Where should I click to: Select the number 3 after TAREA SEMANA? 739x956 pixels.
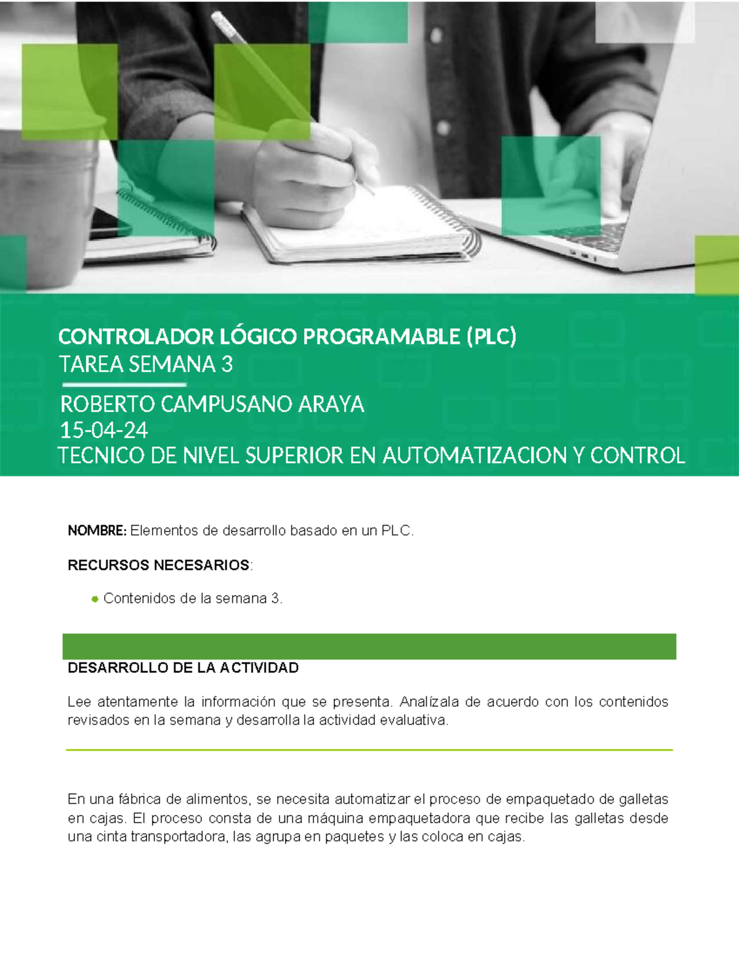[x=227, y=364]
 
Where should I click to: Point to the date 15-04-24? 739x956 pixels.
[x=103, y=430]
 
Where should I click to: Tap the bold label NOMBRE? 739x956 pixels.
[x=97, y=531]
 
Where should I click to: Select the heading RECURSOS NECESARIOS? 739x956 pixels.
[x=158, y=565]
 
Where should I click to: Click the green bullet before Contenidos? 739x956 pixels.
[x=95, y=599]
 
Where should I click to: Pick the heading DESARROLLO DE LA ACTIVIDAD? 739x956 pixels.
[x=183, y=668]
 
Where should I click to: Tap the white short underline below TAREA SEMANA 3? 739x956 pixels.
[x=123, y=385]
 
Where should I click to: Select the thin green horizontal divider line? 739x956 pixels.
[x=369, y=750]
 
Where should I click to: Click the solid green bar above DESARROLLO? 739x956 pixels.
[x=369, y=646]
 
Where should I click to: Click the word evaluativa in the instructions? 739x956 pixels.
[x=414, y=720]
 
